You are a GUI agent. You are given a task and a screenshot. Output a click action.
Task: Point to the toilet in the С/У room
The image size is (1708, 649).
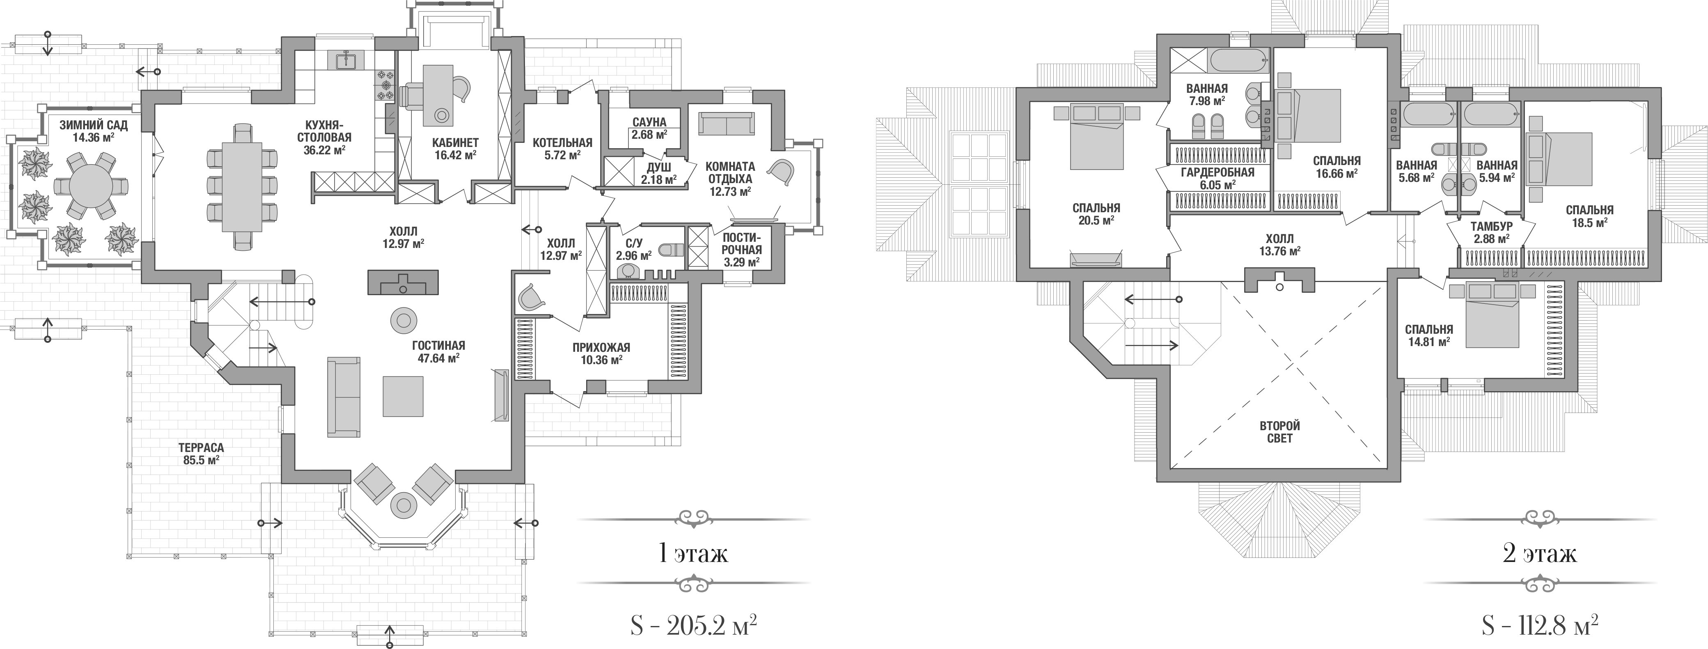(x=672, y=250)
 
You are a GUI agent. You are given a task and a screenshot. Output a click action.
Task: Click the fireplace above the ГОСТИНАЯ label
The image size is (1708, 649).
(x=403, y=282)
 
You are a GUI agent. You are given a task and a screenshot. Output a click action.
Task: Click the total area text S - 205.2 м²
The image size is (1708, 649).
(x=693, y=624)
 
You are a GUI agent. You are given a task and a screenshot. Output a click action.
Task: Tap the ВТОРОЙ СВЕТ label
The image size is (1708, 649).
(x=1280, y=431)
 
